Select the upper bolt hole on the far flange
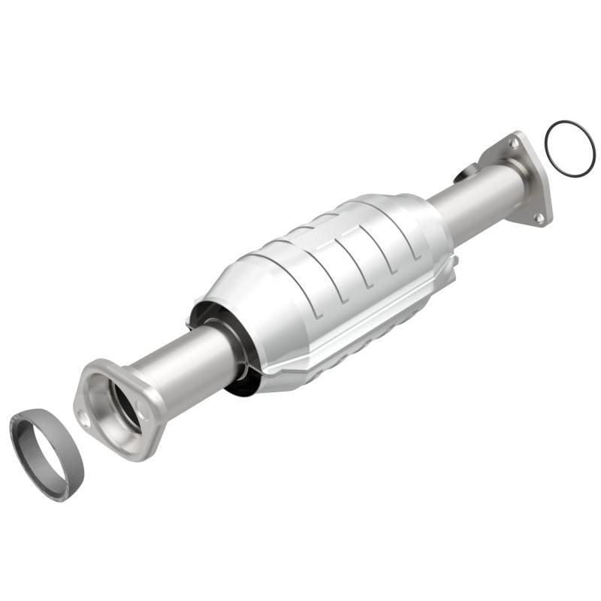514,141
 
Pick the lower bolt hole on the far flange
538,217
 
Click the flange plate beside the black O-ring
526,180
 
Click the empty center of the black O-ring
569,149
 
